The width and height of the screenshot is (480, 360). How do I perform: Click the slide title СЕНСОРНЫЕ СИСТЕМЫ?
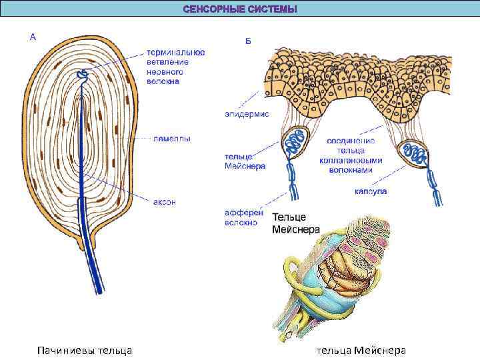click(240, 9)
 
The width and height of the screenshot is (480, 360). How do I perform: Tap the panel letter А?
click(33, 37)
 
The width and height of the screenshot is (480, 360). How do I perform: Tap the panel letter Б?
click(248, 41)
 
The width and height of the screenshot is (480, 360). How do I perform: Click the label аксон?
click(165, 202)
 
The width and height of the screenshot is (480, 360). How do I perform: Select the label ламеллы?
click(171, 139)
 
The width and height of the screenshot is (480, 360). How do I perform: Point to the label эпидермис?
click(246, 114)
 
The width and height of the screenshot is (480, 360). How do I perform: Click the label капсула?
click(371, 191)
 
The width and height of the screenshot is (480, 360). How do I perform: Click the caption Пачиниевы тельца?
click(85, 350)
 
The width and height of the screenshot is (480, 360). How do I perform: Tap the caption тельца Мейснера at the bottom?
click(361, 350)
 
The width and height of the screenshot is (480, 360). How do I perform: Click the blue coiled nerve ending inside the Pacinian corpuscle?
click(82, 76)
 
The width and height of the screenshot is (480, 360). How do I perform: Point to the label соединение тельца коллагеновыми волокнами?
click(355, 155)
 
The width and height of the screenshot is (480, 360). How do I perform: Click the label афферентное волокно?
click(244, 217)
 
